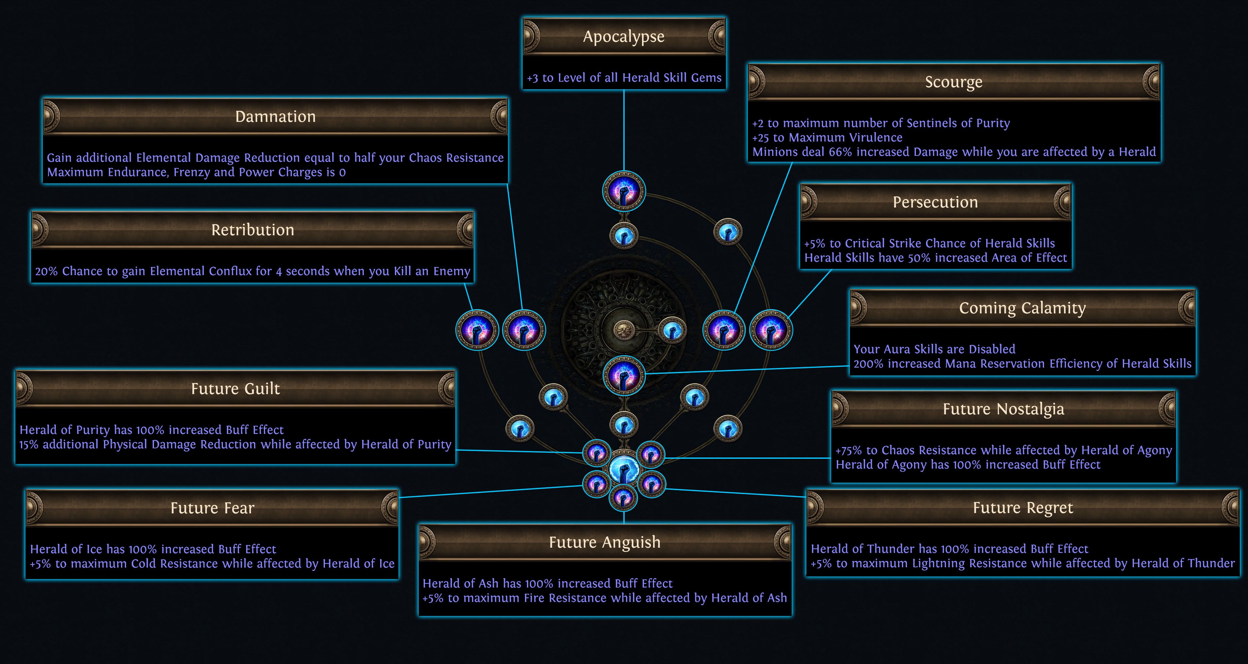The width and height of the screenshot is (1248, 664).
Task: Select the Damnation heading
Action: tap(275, 117)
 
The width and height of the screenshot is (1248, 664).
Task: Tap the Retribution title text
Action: tap(252, 230)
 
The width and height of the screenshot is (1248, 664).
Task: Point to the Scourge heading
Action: tap(953, 82)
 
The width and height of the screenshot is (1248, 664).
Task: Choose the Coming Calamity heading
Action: tap(1022, 308)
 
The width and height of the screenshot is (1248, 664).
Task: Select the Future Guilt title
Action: tap(235, 389)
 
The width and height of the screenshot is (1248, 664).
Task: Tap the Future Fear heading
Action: tap(212, 508)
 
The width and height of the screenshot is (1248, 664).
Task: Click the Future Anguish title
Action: tap(605, 542)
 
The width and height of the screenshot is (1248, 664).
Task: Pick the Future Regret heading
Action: tap(1023, 508)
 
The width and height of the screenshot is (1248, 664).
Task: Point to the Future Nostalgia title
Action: tap(1003, 409)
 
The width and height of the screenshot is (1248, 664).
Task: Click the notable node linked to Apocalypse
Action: tap(624, 191)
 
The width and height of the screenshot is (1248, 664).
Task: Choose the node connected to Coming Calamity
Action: tap(624, 375)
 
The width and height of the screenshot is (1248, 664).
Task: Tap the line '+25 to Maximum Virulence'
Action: tap(827, 138)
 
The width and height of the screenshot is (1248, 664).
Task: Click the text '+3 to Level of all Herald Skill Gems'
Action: tap(624, 78)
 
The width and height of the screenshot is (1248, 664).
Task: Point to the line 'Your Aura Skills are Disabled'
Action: tap(934, 349)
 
